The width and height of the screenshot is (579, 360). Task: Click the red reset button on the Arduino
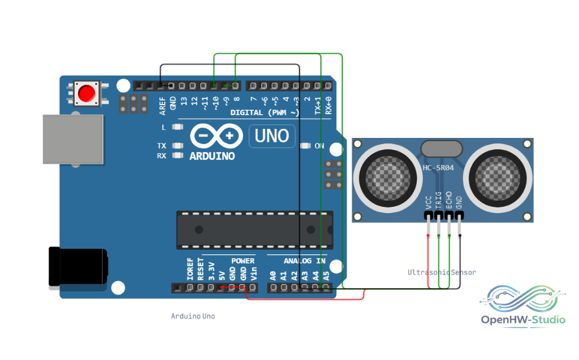click(87, 93)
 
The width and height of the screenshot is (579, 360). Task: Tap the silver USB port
click(73, 139)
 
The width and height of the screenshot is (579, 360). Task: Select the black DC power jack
click(78, 267)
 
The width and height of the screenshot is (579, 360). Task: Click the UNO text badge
click(272, 136)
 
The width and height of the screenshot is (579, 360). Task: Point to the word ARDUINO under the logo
click(213, 156)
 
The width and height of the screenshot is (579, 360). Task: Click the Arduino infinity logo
click(217, 136)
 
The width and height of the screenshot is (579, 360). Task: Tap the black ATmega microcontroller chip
click(255, 230)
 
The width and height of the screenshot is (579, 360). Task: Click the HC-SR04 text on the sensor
click(438, 168)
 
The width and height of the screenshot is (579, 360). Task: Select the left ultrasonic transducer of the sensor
click(388, 178)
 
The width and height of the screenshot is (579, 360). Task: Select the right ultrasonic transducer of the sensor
click(498, 178)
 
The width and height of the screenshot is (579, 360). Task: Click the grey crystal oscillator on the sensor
click(442, 149)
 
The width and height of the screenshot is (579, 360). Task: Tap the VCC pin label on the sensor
click(429, 202)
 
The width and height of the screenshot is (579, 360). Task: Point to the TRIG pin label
click(439, 200)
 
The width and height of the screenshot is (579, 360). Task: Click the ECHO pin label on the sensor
click(449, 200)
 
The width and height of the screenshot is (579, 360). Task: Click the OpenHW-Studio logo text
click(523, 319)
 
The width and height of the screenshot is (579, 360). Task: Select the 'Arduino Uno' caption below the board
click(193, 316)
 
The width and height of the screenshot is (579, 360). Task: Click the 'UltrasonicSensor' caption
click(442, 272)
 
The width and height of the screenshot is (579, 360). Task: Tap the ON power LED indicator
click(305, 146)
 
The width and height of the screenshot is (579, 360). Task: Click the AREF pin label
click(162, 106)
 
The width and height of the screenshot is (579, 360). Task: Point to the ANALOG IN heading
click(305, 261)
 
